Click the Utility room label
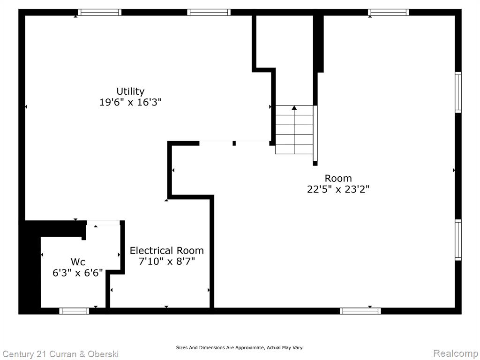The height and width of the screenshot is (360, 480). tap(130, 91)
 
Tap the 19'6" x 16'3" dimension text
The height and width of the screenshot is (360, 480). tap(130, 102)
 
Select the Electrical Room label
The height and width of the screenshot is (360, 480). tap(167, 251)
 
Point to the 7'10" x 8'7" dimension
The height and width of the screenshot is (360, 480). tap(167, 262)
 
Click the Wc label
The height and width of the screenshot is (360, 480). tap(78, 262)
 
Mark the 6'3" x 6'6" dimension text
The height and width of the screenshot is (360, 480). tap(78, 273)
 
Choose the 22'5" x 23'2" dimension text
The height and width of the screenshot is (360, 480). tap(338, 189)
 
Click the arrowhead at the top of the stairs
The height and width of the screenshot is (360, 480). tap(294, 107)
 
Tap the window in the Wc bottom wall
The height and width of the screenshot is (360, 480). tap(74, 311)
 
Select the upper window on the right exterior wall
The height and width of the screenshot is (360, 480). tap(458, 92)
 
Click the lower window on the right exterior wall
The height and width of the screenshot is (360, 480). tap(458, 240)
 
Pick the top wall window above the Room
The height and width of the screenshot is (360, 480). tap(389, 12)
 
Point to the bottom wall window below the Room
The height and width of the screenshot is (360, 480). tap(360, 311)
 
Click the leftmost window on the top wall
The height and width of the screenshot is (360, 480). tap(99, 12)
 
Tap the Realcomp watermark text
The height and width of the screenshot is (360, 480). tap(456, 353)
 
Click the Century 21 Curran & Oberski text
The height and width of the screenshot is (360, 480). tap(60, 354)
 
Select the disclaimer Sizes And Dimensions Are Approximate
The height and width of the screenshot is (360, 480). tap(240, 347)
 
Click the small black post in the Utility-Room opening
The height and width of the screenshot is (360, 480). tap(234, 143)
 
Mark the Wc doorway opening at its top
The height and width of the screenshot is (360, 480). tap(103, 223)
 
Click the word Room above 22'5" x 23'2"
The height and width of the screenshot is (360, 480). tap(338, 179)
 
